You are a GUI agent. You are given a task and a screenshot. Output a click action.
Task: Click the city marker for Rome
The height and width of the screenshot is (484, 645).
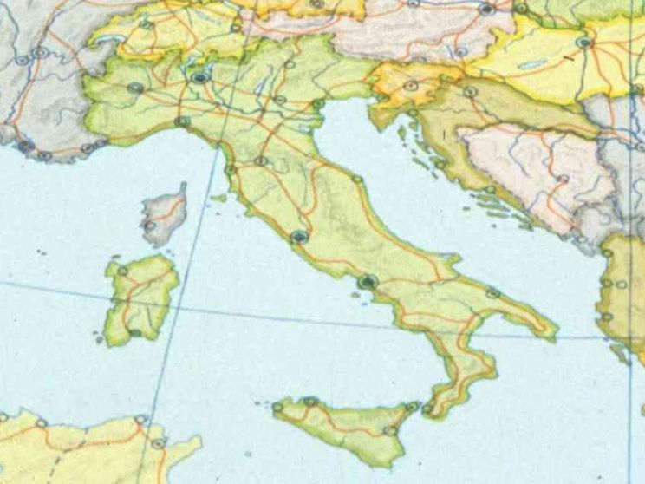point(300,236)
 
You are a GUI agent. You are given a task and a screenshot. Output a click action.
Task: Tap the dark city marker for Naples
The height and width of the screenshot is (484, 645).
point(368,282)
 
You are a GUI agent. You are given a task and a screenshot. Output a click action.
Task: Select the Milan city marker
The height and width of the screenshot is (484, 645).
point(200,77)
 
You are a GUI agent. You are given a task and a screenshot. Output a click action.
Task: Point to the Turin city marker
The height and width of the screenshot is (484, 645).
point(135,88)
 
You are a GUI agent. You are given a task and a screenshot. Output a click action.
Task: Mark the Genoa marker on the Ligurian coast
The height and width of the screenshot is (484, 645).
point(182,121)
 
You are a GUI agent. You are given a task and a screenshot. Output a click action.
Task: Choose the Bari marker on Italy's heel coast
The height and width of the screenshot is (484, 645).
point(493,294)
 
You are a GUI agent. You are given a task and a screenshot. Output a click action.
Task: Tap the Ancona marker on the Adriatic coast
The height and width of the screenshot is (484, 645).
point(357,179)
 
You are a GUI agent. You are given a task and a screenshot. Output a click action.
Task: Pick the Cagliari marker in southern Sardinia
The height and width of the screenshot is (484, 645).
point(135,332)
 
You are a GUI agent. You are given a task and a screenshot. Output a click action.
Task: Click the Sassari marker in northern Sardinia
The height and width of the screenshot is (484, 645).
point(122,271)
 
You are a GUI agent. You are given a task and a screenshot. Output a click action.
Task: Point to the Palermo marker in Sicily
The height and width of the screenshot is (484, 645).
point(309,401)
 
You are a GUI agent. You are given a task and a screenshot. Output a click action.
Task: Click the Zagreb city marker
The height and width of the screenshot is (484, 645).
point(470,91)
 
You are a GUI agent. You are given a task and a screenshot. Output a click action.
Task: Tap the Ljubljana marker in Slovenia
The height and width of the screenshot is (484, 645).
point(410,86)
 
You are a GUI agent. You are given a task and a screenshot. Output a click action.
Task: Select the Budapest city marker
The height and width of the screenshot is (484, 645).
point(584,41)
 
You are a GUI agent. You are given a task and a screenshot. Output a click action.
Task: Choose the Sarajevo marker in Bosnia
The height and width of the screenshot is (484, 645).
point(563,180)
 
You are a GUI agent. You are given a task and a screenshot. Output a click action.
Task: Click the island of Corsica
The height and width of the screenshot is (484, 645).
point(165,213)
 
